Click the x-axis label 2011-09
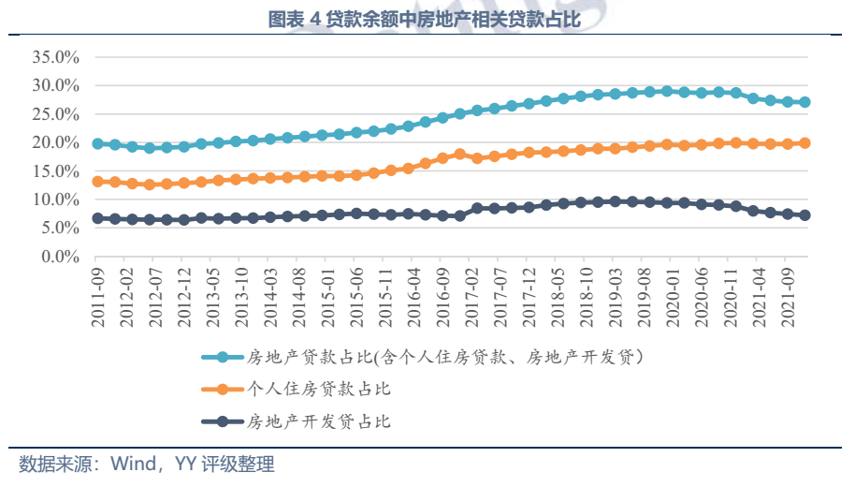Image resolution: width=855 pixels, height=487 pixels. [x=97, y=296]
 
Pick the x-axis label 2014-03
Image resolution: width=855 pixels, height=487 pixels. [x=269, y=296]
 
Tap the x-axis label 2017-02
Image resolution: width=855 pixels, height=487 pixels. [x=476, y=296]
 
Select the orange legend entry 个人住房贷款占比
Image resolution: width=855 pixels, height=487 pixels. [x=318, y=389]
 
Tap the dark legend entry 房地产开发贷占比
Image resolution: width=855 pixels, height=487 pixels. [x=318, y=421]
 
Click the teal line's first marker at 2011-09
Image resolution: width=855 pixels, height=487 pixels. [x=98, y=143]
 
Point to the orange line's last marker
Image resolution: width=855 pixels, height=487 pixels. [x=804, y=143]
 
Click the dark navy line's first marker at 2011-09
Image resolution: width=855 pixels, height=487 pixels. [x=98, y=218]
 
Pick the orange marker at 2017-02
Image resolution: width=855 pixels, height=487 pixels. [x=477, y=158]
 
